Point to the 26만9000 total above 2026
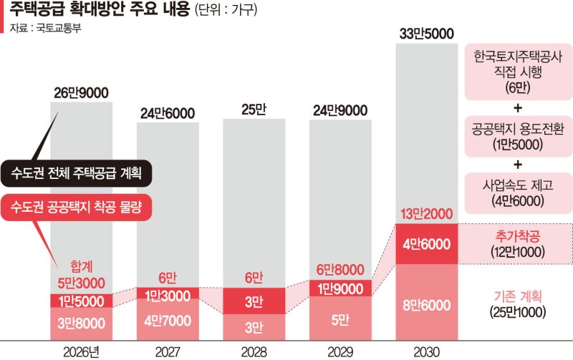[81, 93]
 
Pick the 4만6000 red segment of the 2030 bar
[427, 244]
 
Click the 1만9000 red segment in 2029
[340, 288]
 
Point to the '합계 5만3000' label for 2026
[81, 274]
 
